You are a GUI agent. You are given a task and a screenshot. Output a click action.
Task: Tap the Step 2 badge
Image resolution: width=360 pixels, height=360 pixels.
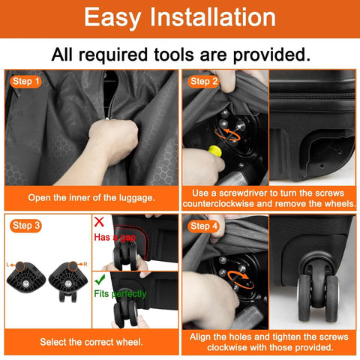204,81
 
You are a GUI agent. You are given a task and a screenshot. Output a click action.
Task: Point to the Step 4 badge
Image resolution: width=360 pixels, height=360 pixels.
204,226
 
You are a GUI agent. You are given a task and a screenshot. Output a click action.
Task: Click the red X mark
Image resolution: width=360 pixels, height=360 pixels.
98,222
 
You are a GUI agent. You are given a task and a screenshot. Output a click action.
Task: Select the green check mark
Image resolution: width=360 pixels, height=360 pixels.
98,278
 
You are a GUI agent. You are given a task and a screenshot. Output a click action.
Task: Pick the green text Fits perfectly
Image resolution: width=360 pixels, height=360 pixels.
120,294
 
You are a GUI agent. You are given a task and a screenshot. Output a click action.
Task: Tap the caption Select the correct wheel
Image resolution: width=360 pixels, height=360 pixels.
91,341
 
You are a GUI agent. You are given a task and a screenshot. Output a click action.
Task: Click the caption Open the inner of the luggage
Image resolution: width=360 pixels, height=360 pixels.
91,196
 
